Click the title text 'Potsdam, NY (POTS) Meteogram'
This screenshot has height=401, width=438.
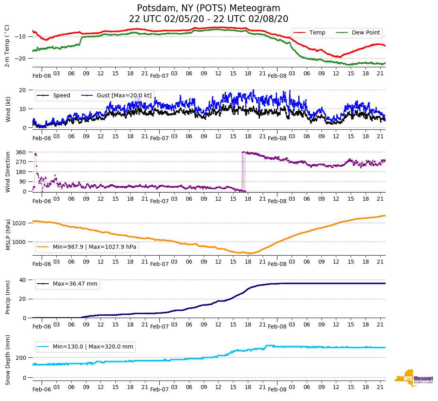[209, 8]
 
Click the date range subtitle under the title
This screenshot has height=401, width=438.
[209, 19]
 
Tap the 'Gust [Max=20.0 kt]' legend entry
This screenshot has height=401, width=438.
[119, 95]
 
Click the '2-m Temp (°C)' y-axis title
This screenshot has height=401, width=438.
[7, 46]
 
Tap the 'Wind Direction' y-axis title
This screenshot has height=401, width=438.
[8, 171]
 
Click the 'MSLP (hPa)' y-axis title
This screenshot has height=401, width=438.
[8, 235]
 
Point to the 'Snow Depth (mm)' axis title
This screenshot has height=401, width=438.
[8, 360]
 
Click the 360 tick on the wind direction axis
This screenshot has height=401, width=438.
[21, 152]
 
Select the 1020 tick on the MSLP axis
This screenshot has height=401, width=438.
[20, 223]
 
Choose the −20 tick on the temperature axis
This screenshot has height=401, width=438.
[20, 58]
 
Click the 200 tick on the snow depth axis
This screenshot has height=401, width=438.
[21, 357]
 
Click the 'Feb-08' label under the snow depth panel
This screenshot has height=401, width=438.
[277, 389]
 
